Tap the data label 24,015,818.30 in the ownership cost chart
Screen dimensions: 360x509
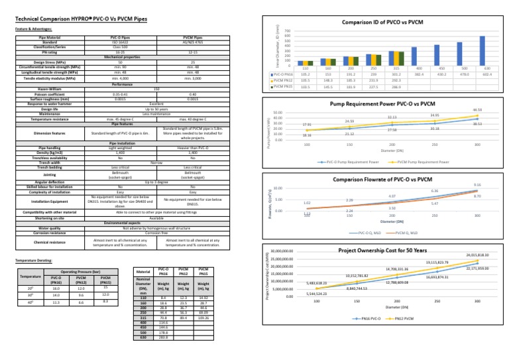(x=477, y=255)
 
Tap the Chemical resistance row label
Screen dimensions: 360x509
(x=46, y=243)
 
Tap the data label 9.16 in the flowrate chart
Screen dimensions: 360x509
(x=477, y=185)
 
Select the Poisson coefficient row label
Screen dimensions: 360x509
(x=46, y=94)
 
